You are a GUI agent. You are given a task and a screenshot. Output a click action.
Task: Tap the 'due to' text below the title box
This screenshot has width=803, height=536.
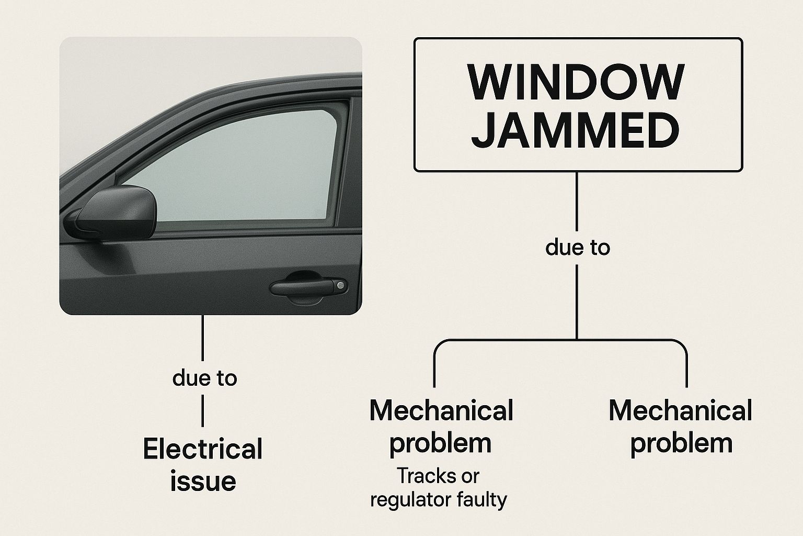(x=577, y=247)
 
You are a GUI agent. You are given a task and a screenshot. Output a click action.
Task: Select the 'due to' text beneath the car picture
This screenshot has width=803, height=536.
(x=204, y=377)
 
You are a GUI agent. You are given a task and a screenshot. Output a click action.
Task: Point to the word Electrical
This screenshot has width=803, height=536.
(x=202, y=450)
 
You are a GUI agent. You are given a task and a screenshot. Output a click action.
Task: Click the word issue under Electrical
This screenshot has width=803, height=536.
(x=203, y=481)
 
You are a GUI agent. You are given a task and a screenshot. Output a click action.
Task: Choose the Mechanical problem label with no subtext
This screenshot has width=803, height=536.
(x=680, y=427)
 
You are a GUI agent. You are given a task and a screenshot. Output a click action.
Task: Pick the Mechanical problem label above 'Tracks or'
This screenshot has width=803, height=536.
(x=441, y=427)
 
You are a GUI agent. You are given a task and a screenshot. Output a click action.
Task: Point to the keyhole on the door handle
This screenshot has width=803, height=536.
(x=340, y=285)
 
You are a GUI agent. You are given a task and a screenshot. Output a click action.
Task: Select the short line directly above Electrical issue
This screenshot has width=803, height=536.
(x=203, y=411)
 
